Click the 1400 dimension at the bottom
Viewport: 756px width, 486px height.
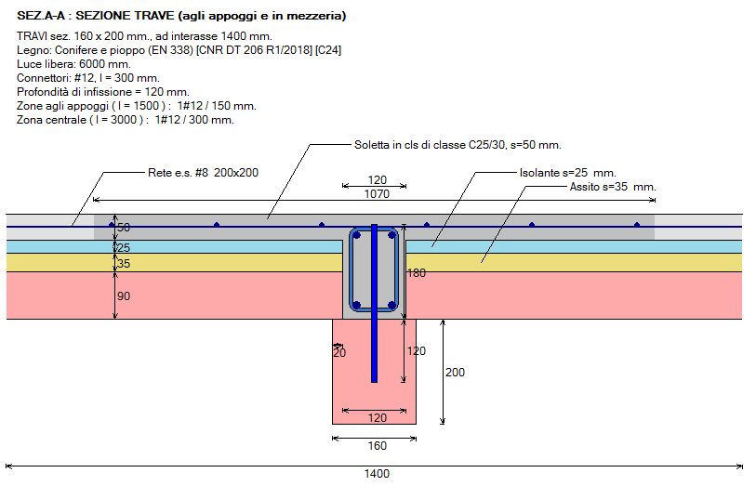click(x=377, y=474)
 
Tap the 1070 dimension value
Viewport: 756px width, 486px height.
click(x=377, y=194)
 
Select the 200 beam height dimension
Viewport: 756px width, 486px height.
click(x=455, y=373)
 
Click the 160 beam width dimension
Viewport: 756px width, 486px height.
click(x=377, y=445)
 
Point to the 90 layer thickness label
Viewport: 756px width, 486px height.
click(x=125, y=296)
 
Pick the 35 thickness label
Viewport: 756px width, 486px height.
click(x=125, y=264)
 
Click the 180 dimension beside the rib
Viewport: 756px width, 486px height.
click(x=416, y=273)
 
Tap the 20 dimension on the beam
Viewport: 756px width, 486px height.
click(x=338, y=352)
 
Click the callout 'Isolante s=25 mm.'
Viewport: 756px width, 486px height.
click(x=567, y=173)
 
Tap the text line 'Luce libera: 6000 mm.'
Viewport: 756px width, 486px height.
click(x=73, y=64)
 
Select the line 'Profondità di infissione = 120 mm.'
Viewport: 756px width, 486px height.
click(x=103, y=92)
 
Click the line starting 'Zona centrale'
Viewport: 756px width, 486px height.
click(x=126, y=120)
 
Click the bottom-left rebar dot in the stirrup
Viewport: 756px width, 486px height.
click(x=356, y=305)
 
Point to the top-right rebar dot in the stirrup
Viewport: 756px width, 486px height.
click(x=392, y=235)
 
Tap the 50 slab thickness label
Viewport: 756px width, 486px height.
click(x=125, y=228)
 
